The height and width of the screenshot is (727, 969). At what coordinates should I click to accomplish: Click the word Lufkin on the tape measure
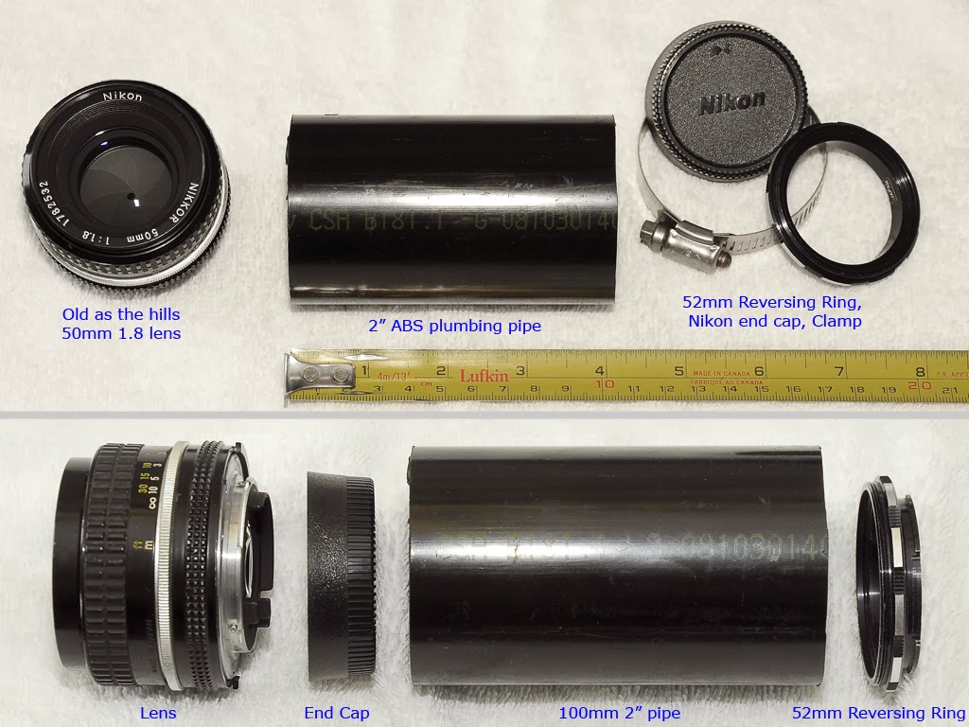pos(484,376)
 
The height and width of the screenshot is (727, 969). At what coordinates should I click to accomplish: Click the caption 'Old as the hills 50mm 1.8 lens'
pos(120,323)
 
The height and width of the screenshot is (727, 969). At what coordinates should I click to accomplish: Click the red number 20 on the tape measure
pos(914,385)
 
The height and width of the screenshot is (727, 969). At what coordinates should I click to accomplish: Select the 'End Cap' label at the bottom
pos(336,713)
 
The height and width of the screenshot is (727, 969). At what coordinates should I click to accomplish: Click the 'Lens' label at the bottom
pos(158,713)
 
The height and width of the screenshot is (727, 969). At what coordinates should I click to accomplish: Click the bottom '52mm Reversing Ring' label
pos(878,713)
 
